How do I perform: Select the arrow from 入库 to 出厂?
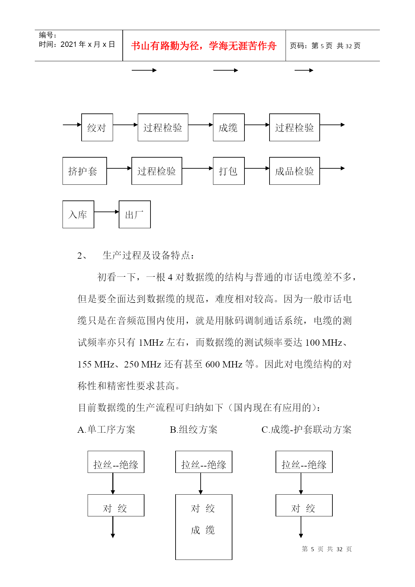pyautogui.click(x=106, y=212)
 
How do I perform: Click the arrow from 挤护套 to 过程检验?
pyautogui.click(x=119, y=168)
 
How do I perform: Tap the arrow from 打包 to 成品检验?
pyautogui.click(x=257, y=168)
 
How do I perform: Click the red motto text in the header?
pyautogui.click(x=204, y=46)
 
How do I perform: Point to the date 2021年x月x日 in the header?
pyautogui.click(x=88, y=44)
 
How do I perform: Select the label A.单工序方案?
pyautogui.click(x=106, y=429)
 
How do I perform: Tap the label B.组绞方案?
pyautogui.click(x=194, y=429)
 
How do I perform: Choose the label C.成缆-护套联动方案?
pyautogui.click(x=306, y=429)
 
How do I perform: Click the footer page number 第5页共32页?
pyautogui.click(x=327, y=549)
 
